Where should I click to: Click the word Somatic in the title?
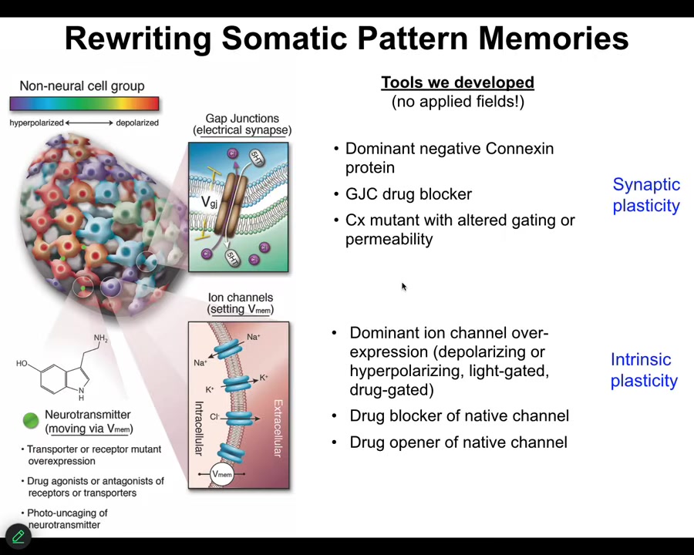pyautogui.click(x=285, y=38)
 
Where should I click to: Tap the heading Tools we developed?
pyautogui.click(x=457, y=82)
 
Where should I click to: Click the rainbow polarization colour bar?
pyautogui.click(x=84, y=103)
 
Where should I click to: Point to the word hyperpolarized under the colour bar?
pyautogui.click(x=37, y=123)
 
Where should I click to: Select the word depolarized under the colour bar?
pyautogui.click(x=137, y=123)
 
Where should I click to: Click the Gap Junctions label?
pyautogui.click(x=242, y=118)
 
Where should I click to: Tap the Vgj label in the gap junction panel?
pyautogui.click(x=209, y=202)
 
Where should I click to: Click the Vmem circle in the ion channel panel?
pyautogui.click(x=222, y=474)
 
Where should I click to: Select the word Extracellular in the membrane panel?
pyautogui.click(x=278, y=428)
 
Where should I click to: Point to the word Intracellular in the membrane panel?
pyautogui.click(x=199, y=428)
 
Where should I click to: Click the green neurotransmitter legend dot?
pyautogui.click(x=31, y=420)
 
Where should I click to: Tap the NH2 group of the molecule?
pyautogui.click(x=101, y=338)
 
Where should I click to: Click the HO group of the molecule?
pyautogui.click(x=22, y=363)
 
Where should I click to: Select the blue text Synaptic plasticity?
pyautogui.click(x=646, y=195)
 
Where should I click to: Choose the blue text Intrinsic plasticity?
pyautogui.click(x=644, y=370)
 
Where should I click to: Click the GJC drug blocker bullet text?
pyautogui.click(x=409, y=193)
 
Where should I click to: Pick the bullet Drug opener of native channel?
pyautogui.click(x=458, y=442)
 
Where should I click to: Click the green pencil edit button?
pyautogui.click(x=19, y=536)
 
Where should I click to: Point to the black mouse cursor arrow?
pyautogui.click(x=404, y=287)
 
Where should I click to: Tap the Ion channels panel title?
pyautogui.click(x=241, y=303)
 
